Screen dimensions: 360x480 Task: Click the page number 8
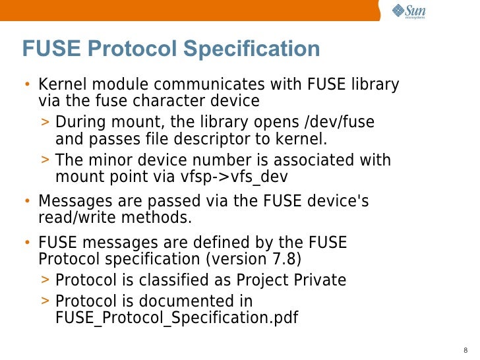tap(466, 349)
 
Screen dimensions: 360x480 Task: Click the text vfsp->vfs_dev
tap(234, 177)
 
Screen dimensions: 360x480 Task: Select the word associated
tap(315, 160)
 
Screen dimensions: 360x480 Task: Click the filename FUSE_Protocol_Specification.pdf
tap(177, 318)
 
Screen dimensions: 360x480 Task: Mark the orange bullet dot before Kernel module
tap(27, 86)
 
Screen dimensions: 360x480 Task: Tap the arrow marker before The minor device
tap(45, 160)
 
